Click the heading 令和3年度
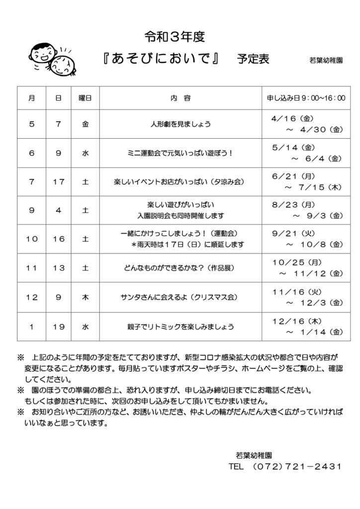175,36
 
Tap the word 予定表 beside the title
253,59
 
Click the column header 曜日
85,98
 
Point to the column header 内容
180,98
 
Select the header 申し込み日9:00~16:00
305,98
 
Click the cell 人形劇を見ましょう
180,125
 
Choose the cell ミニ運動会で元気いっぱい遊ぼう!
180,154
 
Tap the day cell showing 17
59,182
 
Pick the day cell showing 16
59,239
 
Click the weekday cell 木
85,297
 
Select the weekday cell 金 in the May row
85,125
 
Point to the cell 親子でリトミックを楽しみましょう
180,327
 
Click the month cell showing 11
32,268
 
